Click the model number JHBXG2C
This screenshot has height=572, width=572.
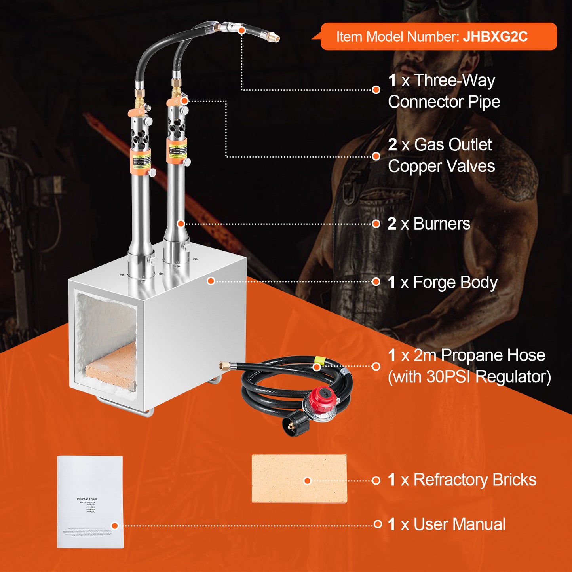(495, 36)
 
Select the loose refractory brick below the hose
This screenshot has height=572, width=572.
(299, 479)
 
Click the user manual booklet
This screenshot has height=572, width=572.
(90, 502)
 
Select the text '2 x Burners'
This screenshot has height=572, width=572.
(429, 224)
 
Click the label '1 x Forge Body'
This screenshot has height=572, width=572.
(442, 283)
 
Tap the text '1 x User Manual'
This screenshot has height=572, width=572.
(446, 524)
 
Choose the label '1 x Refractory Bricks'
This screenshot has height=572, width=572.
(462, 480)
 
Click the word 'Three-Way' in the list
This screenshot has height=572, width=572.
(454, 81)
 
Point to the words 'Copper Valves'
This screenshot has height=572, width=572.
(441, 166)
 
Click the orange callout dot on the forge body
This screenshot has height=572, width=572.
(211, 281)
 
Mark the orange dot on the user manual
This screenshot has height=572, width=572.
(115, 526)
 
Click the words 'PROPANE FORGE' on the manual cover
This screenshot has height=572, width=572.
(87, 499)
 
